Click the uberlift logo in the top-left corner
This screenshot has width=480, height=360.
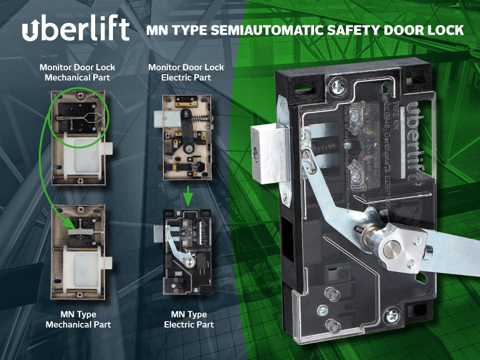coord(75,30)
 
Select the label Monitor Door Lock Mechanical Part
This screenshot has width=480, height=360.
coord(77,72)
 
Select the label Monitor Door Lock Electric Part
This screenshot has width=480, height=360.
coord(186,72)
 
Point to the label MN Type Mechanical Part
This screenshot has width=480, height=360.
coord(78,319)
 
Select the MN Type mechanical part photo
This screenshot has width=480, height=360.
coord(79,251)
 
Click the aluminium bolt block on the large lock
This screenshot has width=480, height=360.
coord(267,155)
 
